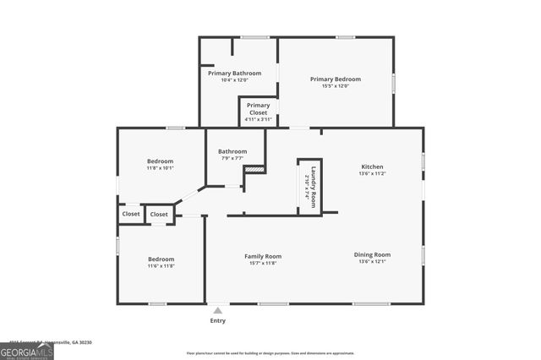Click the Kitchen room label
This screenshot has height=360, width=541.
tap(373, 166)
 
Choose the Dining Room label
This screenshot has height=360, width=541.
tap(374, 254)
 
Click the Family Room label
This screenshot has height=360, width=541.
tap(263, 256)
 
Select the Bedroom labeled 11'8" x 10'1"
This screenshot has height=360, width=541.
tap(161, 161)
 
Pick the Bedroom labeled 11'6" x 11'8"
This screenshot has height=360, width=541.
tap(161, 259)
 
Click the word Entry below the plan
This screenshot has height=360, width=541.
tap(218, 321)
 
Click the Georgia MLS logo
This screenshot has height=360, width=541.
tap(26, 349)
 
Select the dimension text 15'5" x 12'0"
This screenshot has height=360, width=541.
tap(336, 85)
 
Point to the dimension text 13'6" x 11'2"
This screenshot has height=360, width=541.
tap(373, 173)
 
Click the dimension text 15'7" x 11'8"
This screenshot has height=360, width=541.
tap(263, 263)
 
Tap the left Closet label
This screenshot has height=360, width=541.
tap(131, 214)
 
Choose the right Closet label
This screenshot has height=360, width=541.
tap(160, 215)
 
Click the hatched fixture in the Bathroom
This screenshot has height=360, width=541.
tap(254, 170)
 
